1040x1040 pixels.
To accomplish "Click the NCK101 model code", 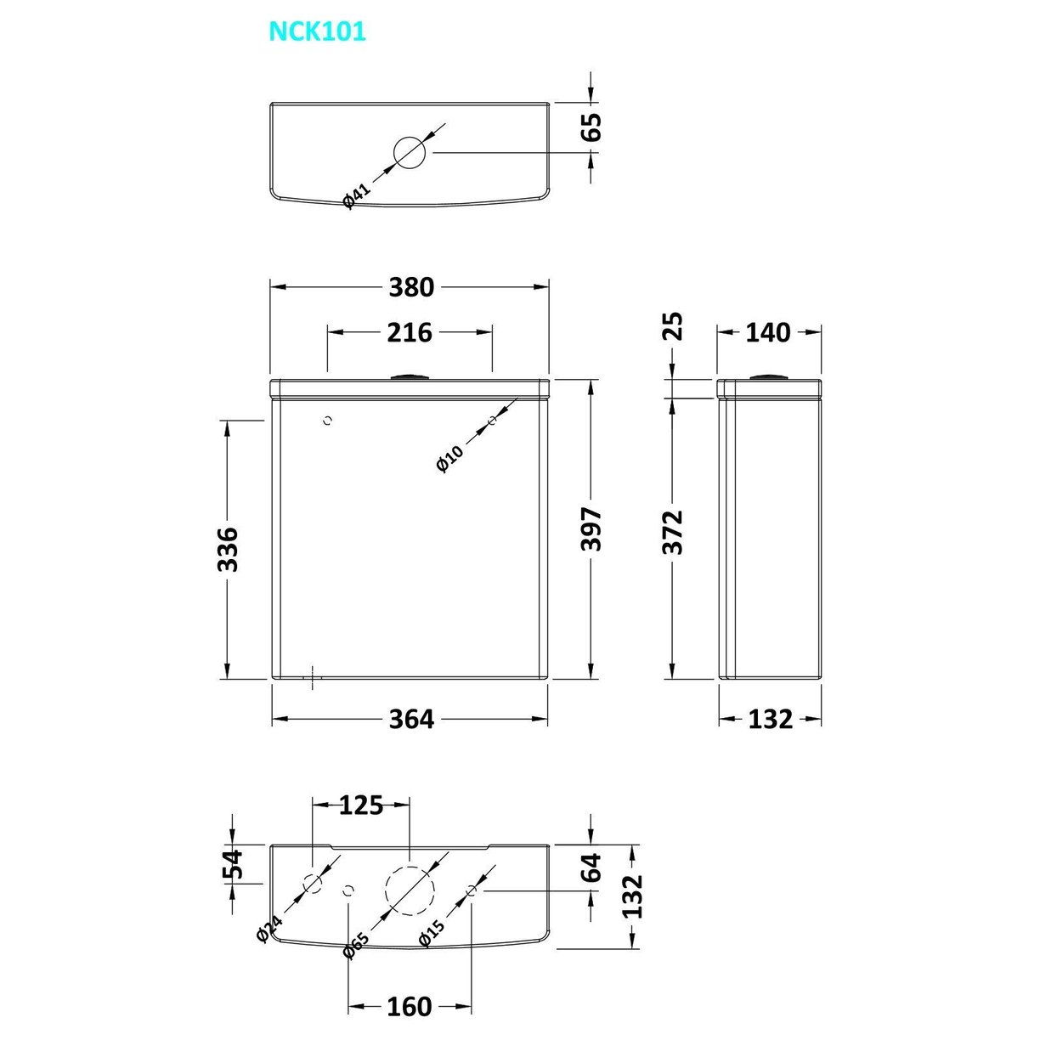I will pyautogui.click(x=317, y=32).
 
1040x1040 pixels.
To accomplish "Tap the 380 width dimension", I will pyautogui.click(x=410, y=288).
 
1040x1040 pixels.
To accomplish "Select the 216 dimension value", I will pyautogui.click(x=410, y=332).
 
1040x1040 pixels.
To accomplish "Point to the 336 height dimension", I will pyautogui.click(x=227, y=548).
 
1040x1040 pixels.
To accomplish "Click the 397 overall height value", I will pyautogui.click(x=591, y=529).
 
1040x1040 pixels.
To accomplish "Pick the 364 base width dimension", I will pyautogui.click(x=410, y=719).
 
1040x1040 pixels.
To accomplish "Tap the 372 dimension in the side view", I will pyautogui.click(x=672, y=532).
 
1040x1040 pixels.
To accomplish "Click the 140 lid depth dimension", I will pyautogui.click(x=767, y=332).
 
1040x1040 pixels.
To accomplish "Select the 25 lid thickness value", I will pyautogui.click(x=672, y=326).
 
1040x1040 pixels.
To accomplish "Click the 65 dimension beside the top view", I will pyautogui.click(x=591, y=127).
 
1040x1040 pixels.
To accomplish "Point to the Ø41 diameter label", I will pyautogui.click(x=357, y=196).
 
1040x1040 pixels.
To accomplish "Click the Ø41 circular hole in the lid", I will pyautogui.click(x=409, y=152).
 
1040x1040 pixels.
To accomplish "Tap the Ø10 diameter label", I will pyautogui.click(x=449, y=458).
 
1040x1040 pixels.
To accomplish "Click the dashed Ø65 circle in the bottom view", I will pyautogui.click(x=410, y=890).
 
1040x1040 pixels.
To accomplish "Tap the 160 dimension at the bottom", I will pyautogui.click(x=410, y=1007).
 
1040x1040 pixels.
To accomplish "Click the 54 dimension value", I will pyautogui.click(x=232, y=864).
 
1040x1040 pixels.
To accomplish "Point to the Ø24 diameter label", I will pyautogui.click(x=269, y=930).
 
